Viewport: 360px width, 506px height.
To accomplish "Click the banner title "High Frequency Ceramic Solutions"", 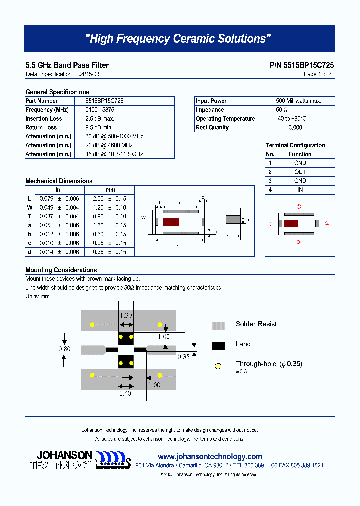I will tap(179, 39).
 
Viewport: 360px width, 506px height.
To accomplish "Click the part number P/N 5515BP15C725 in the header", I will tap(302, 65).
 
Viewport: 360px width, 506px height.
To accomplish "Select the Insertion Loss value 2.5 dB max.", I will tap(100, 119).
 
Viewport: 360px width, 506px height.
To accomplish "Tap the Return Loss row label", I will tap(41, 128).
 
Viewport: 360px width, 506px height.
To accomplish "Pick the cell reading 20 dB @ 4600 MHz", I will tap(114, 145).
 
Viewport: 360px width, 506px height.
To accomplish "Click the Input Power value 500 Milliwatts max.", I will tap(298, 101).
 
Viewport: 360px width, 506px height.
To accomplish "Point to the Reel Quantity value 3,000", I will tap(295, 128).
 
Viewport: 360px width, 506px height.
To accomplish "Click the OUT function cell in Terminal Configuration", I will tap(300, 172).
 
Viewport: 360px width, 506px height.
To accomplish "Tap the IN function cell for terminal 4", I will tap(300, 190).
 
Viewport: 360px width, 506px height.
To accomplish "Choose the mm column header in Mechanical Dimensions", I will tap(110, 190).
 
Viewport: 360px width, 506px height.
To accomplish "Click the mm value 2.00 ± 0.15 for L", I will tap(110, 199).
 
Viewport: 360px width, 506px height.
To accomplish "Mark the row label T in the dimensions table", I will tap(30, 216).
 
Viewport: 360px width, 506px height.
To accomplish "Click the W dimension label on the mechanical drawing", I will tap(143, 217).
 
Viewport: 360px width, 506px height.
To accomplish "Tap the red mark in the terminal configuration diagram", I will tap(291, 223).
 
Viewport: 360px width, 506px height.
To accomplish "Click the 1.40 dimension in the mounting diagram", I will tap(125, 394).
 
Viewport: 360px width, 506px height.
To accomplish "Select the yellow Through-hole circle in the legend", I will tap(218, 366).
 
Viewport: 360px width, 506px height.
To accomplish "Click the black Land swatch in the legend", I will tap(218, 345).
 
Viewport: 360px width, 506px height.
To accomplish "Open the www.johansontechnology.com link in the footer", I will tap(210, 457).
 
